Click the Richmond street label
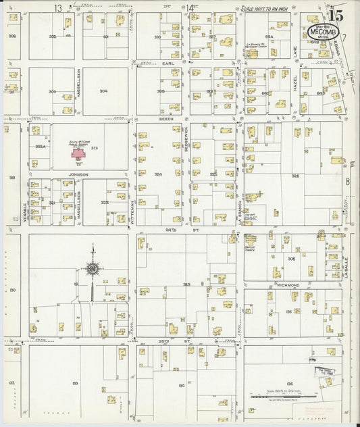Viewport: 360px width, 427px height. [289, 286]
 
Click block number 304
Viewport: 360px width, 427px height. [103, 91]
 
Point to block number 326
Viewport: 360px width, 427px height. [295, 176]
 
